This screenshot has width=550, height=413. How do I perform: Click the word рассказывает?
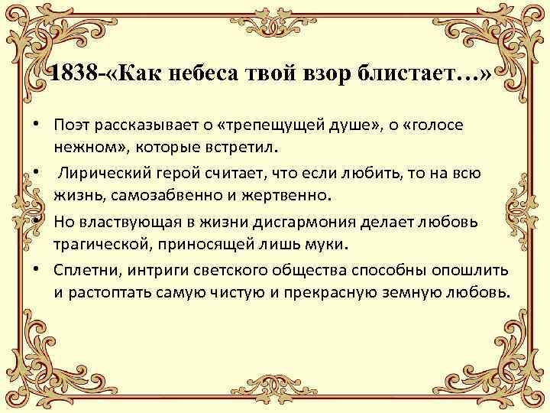148,124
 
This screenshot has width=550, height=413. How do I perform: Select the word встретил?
233,145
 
